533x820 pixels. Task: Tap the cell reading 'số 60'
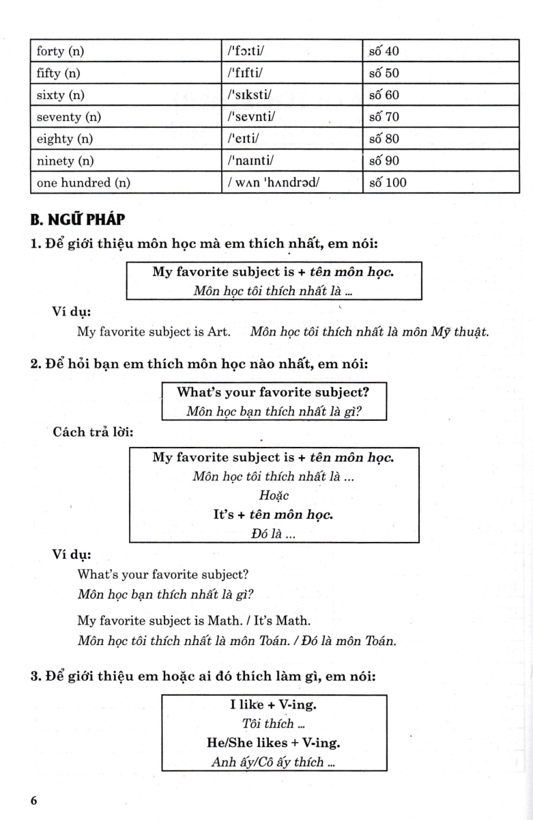tap(384, 95)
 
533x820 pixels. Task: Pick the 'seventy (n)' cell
tap(68, 117)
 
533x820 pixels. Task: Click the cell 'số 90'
tap(384, 161)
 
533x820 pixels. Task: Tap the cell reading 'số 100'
tap(386, 183)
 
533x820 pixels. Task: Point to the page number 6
tap(33, 801)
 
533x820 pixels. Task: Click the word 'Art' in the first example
tap(219, 332)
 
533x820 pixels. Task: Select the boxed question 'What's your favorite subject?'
tap(273, 393)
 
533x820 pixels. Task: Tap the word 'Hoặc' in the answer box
tap(273, 494)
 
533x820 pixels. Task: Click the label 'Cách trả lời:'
tap(93, 433)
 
